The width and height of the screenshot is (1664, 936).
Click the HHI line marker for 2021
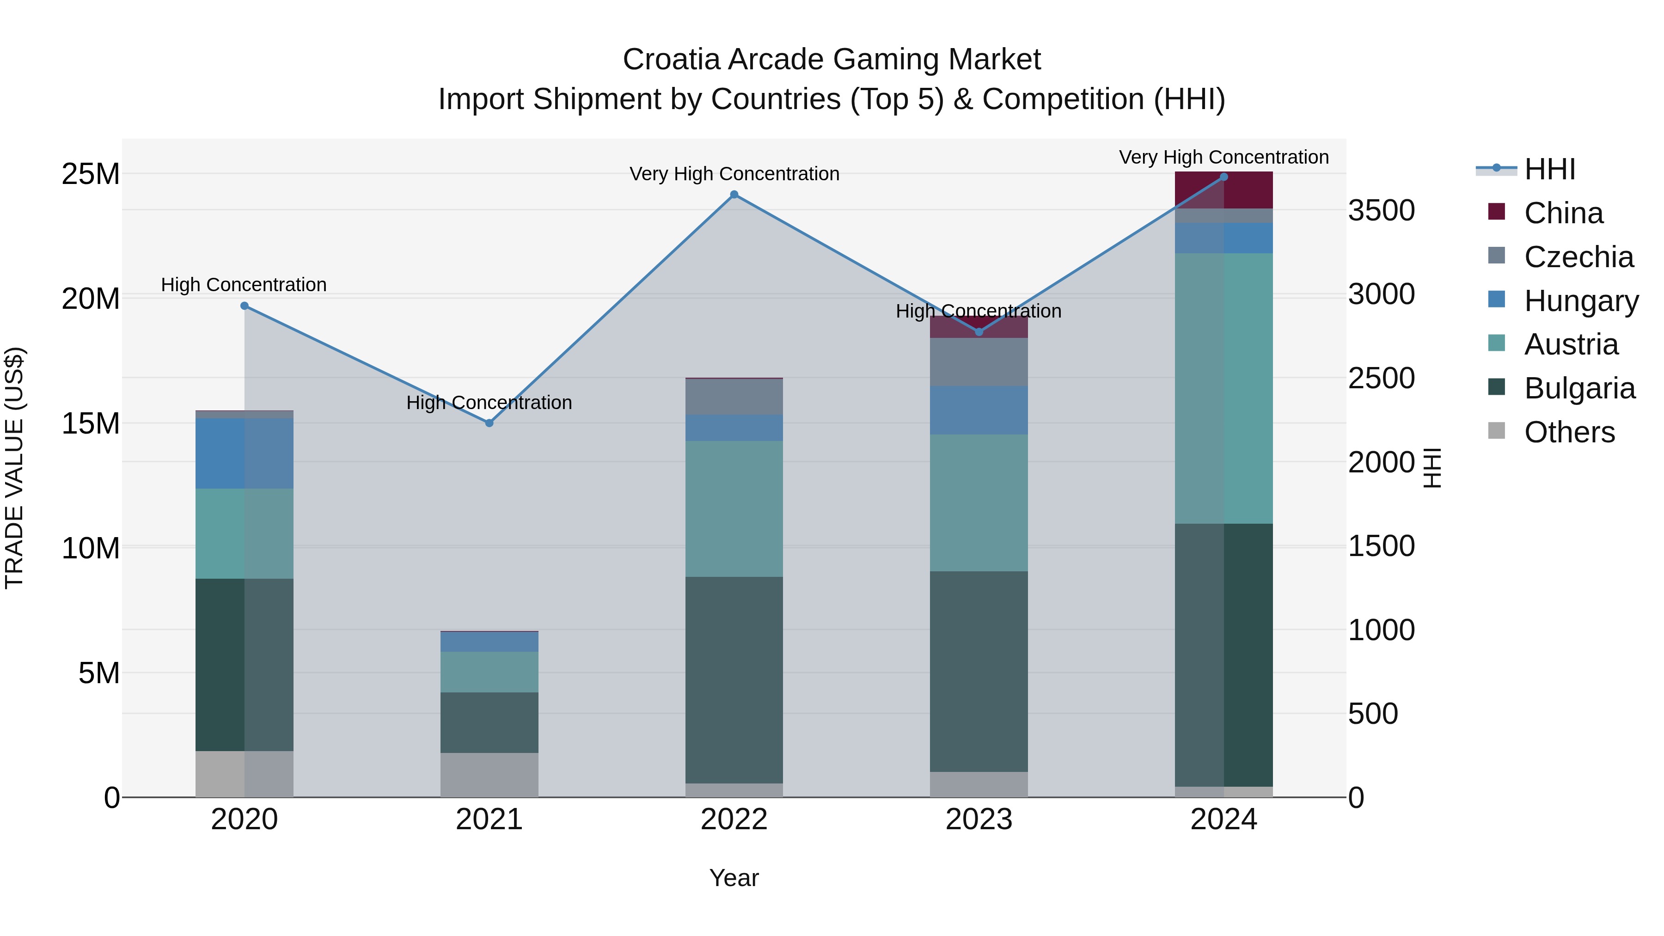pyautogui.click(x=489, y=423)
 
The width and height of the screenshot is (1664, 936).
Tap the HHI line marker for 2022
pyautogui.click(x=734, y=195)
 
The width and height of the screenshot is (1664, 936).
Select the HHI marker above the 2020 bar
pyautogui.click(x=244, y=306)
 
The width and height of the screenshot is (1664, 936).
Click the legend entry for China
pyautogui.click(x=1563, y=213)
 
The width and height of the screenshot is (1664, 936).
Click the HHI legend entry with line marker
pyautogui.click(x=1549, y=169)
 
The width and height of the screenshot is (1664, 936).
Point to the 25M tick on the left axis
pyautogui.click(x=91, y=174)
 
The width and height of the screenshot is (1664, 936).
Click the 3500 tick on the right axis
pyautogui.click(x=1381, y=211)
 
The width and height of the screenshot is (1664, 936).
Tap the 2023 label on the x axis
pyautogui.click(x=979, y=820)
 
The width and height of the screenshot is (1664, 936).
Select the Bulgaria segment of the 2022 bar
pyautogui.click(x=734, y=678)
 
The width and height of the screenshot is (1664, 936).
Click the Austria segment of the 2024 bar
pyautogui.click(x=1224, y=388)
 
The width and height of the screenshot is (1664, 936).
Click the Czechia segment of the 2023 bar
pyautogui.click(x=979, y=362)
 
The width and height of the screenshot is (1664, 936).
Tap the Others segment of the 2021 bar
pyautogui.click(x=489, y=775)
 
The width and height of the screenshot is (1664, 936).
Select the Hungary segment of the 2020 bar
pyautogui.click(x=244, y=453)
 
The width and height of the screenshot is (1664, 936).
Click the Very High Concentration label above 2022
pyautogui.click(x=734, y=174)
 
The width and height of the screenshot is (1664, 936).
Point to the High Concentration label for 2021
pyautogui.click(x=489, y=403)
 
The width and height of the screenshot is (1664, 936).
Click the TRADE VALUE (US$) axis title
pyautogui.click(x=14, y=468)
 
